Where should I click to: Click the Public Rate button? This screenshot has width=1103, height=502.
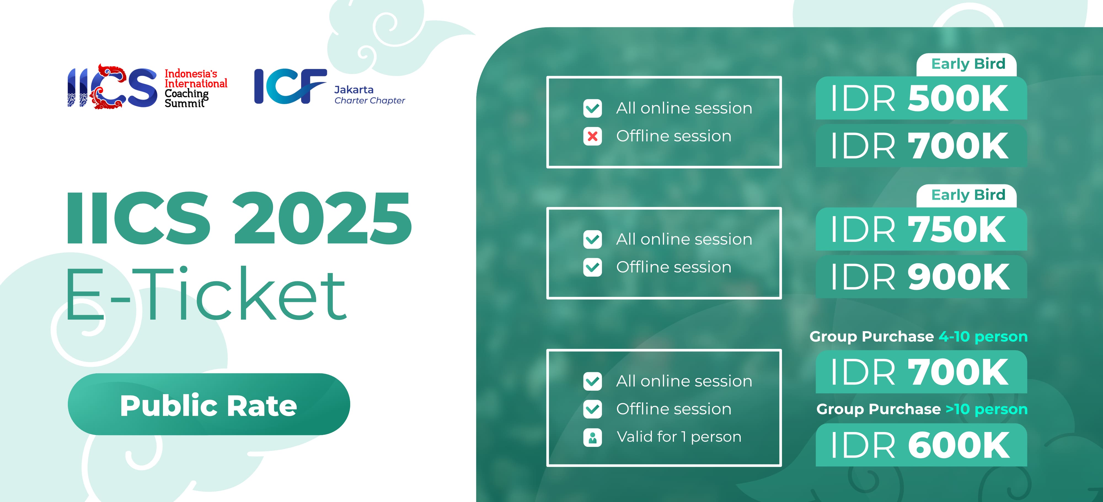(x=209, y=404)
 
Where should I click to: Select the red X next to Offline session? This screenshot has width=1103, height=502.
(x=593, y=136)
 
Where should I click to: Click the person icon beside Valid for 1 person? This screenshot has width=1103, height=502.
(x=593, y=437)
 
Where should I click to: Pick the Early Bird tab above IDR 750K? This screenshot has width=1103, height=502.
(x=967, y=196)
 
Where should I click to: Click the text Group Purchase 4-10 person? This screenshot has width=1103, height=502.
(x=919, y=336)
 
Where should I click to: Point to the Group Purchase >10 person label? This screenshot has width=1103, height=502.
(x=922, y=409)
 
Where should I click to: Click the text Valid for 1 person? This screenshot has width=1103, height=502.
(x=679, y=437)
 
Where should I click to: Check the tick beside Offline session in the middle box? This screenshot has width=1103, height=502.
(x=593, y=268)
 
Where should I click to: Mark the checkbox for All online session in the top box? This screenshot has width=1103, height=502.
(x=593, y=108)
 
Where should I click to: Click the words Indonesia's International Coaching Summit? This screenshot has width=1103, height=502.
(x=196, y=89)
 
